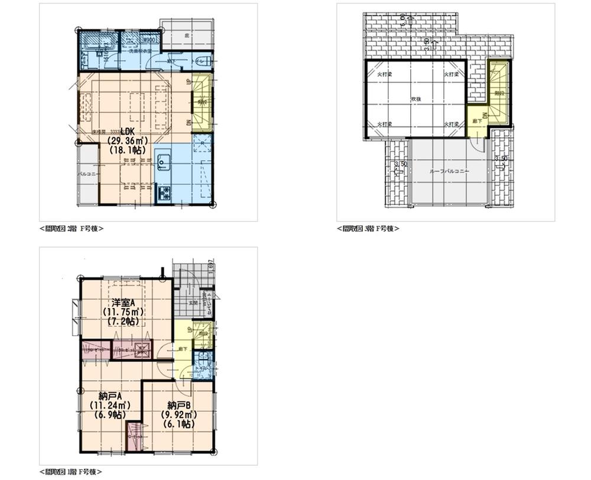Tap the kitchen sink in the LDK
click(x=163, y=160)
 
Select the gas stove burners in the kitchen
click(x=163, y=193)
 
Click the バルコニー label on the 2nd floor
click(x=88, y=175)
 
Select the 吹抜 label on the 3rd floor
click(x=415, y=99)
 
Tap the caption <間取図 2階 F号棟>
click(x=72, y=228)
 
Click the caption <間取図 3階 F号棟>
click(x=368, y=228)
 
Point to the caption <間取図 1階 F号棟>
click(x=71, y=472)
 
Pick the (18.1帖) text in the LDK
click(x=128, y=150)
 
